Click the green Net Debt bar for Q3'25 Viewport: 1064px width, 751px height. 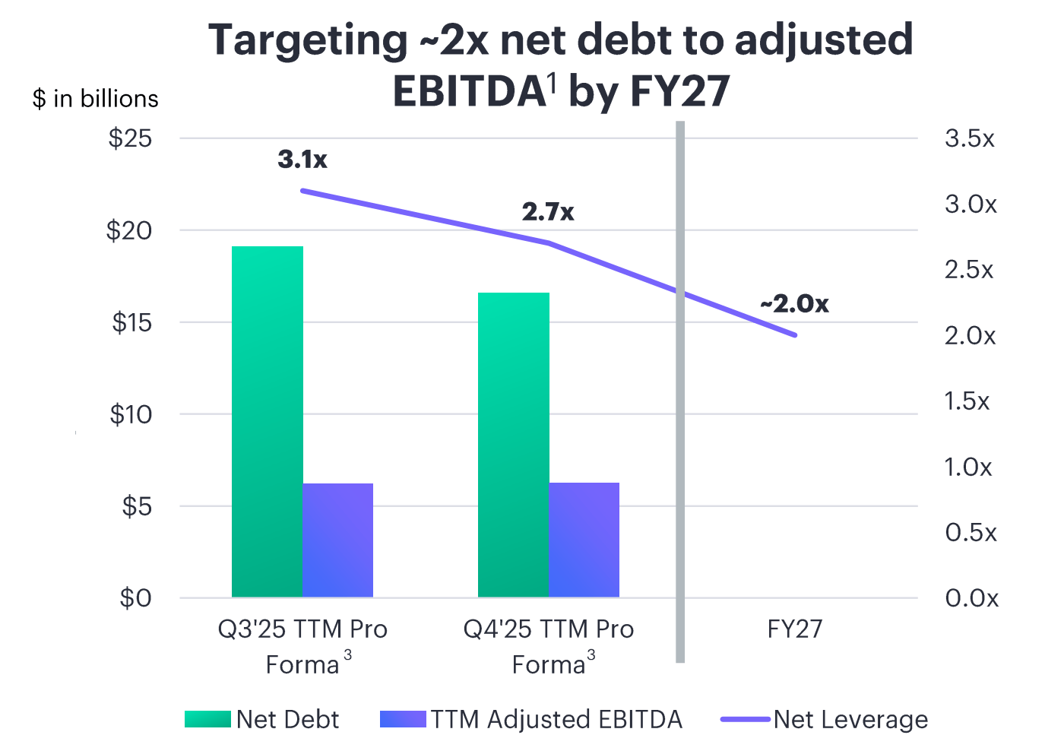point(267,422)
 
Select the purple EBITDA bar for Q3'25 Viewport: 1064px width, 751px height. point(337,540)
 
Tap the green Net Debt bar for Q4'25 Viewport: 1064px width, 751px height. point(513,445)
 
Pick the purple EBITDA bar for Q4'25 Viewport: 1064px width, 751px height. point(584,540)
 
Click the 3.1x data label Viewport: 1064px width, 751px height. point(302,160)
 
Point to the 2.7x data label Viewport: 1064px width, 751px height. point(548,212)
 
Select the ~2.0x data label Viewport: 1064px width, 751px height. point(794,304)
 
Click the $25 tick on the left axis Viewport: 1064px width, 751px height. point(130,138)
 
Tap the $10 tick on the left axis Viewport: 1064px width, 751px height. point(130,414)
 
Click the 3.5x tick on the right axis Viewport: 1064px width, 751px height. point(970,138)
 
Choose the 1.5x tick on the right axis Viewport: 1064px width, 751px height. point(967,401)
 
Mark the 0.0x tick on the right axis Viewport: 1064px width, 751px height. point(971,598)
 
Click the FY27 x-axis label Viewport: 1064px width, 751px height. point(795,629)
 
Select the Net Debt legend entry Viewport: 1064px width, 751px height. point(263,719)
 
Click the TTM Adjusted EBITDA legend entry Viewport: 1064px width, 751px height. point(532,719)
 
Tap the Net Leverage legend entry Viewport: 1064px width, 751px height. point(825,719)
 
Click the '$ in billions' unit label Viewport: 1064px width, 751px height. point(96,99)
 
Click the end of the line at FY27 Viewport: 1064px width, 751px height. point(795,334)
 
